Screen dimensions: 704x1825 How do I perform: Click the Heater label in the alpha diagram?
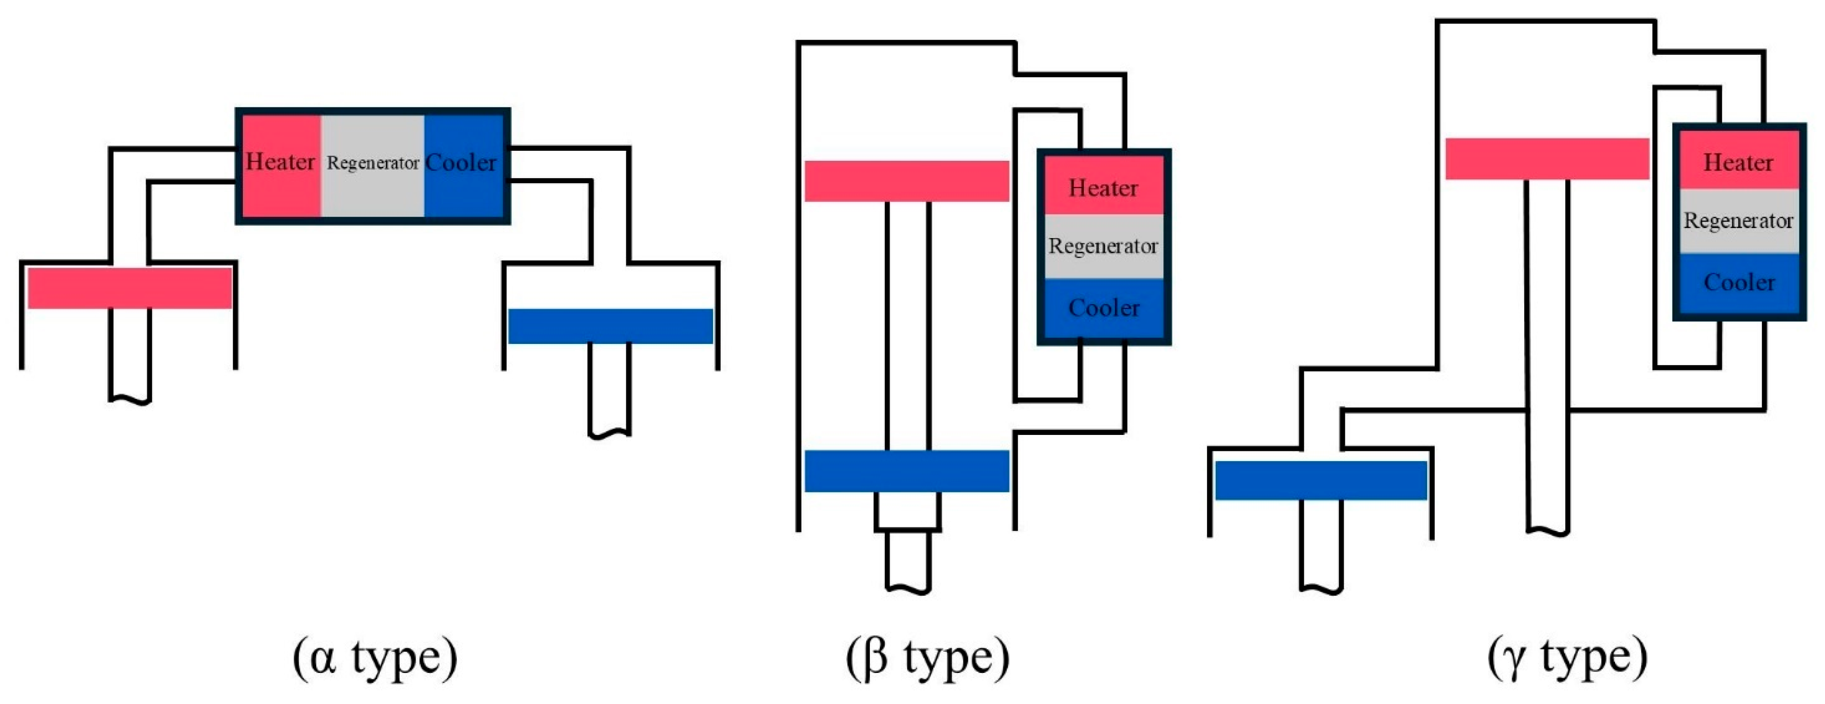[280, 162]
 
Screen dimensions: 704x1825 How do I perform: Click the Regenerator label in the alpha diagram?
[373, 163]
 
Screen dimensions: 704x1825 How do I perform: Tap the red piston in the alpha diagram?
[130, 288]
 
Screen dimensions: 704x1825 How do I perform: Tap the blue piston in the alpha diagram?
[611, 326]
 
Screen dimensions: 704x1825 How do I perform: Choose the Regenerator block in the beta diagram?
[1103, 246]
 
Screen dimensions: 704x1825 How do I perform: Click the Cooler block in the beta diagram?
[1103, 308]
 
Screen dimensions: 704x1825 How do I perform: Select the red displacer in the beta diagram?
[907, 181]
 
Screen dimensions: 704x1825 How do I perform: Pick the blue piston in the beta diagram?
[907, 471]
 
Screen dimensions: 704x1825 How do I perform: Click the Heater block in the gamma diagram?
[1739, 162]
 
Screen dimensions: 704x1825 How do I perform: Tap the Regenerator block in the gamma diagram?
[1739, 221]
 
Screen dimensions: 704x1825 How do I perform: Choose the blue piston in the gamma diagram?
[1321, 481]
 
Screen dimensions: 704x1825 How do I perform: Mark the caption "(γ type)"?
[1567, 658]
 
